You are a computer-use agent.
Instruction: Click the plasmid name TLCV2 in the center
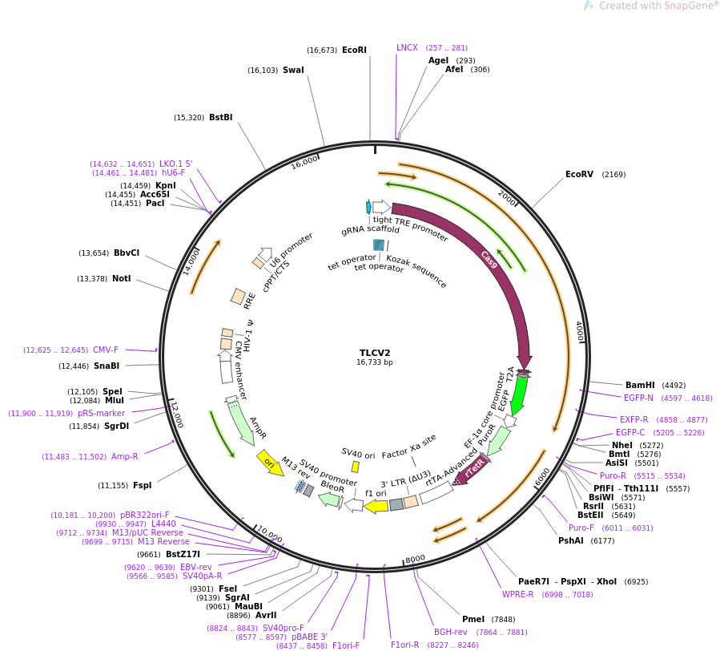(375, 353)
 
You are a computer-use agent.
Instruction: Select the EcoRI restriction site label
(354, 50)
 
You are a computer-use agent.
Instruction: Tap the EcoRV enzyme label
(579, 174)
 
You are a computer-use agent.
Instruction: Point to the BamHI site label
(640, 385)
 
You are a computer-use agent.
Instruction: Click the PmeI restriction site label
(473, 619)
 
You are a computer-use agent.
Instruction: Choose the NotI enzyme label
(121, 278)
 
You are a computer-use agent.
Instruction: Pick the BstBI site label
(220, 117)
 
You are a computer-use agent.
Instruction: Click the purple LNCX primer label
(407, 47)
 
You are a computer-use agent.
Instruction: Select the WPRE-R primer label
(517, 594)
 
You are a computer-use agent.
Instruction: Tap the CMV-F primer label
(105, 350)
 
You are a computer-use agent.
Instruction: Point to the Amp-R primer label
(124, 456)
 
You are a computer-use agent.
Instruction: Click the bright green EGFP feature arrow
(519, 394)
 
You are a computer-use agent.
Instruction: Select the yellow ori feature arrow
(270, 463)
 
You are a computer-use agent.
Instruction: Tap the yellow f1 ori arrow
(376, 506)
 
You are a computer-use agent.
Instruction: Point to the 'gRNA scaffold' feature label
(370, 229)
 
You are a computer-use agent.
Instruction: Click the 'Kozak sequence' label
(416, 271)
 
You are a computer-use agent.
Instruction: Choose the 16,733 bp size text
(375, 362)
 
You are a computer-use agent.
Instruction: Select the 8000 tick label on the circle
(415, 559)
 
